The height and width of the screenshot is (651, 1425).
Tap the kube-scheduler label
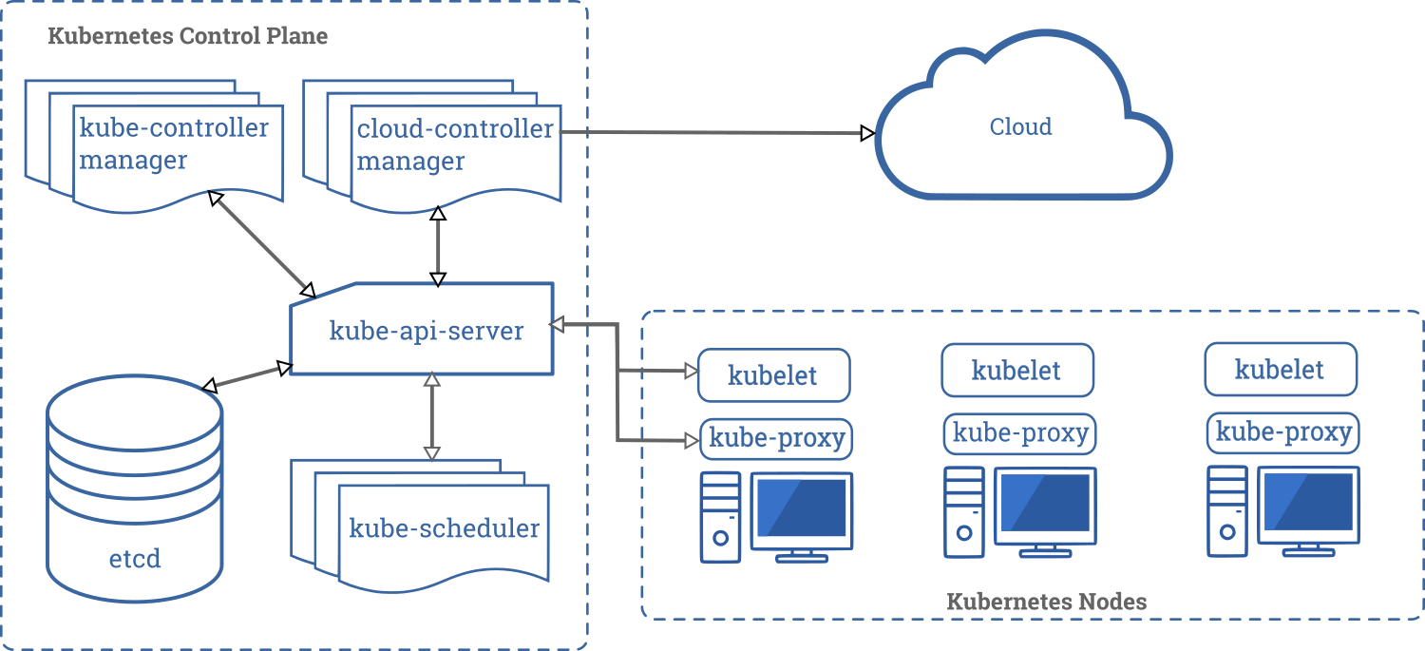coord(444,528)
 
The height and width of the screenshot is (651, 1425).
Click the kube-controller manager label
coord(174,144)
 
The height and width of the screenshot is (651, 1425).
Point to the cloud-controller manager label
coord(454,144)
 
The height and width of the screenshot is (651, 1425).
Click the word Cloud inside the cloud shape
coord(1020,126)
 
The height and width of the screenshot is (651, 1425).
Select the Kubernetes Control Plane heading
coord(187,37)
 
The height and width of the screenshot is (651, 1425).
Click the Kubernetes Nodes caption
coord(1046,602)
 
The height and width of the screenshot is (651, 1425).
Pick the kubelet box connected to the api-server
coord(773,374)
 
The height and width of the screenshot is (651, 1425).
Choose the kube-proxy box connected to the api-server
coord(777,438)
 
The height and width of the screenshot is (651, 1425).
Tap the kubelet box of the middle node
coord(1016,370)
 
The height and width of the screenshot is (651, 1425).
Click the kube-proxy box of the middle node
coord(1020,433)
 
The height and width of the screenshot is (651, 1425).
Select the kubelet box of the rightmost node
coord(1280,369)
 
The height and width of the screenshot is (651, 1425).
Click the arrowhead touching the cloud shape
coord(866,133)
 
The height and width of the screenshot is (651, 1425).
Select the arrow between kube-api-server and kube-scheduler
coord(432,416)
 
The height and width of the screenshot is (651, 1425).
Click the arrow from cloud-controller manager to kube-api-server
coord(437,245)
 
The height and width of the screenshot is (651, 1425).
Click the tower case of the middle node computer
coord(964,511)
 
